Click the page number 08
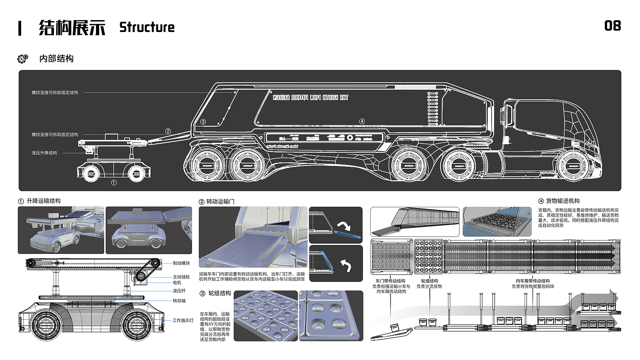613,26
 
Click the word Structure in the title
147,27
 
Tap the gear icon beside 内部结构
22,59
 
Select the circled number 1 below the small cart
114,182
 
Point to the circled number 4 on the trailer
362,121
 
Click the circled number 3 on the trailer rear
203,122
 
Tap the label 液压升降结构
44,153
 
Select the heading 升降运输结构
43,201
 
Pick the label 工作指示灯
183,321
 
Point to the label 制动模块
181,263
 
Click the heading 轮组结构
219,294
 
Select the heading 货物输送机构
563,201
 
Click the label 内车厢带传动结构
533,281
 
